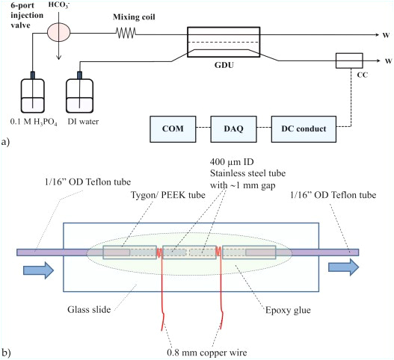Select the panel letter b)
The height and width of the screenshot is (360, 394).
(7, 351)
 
